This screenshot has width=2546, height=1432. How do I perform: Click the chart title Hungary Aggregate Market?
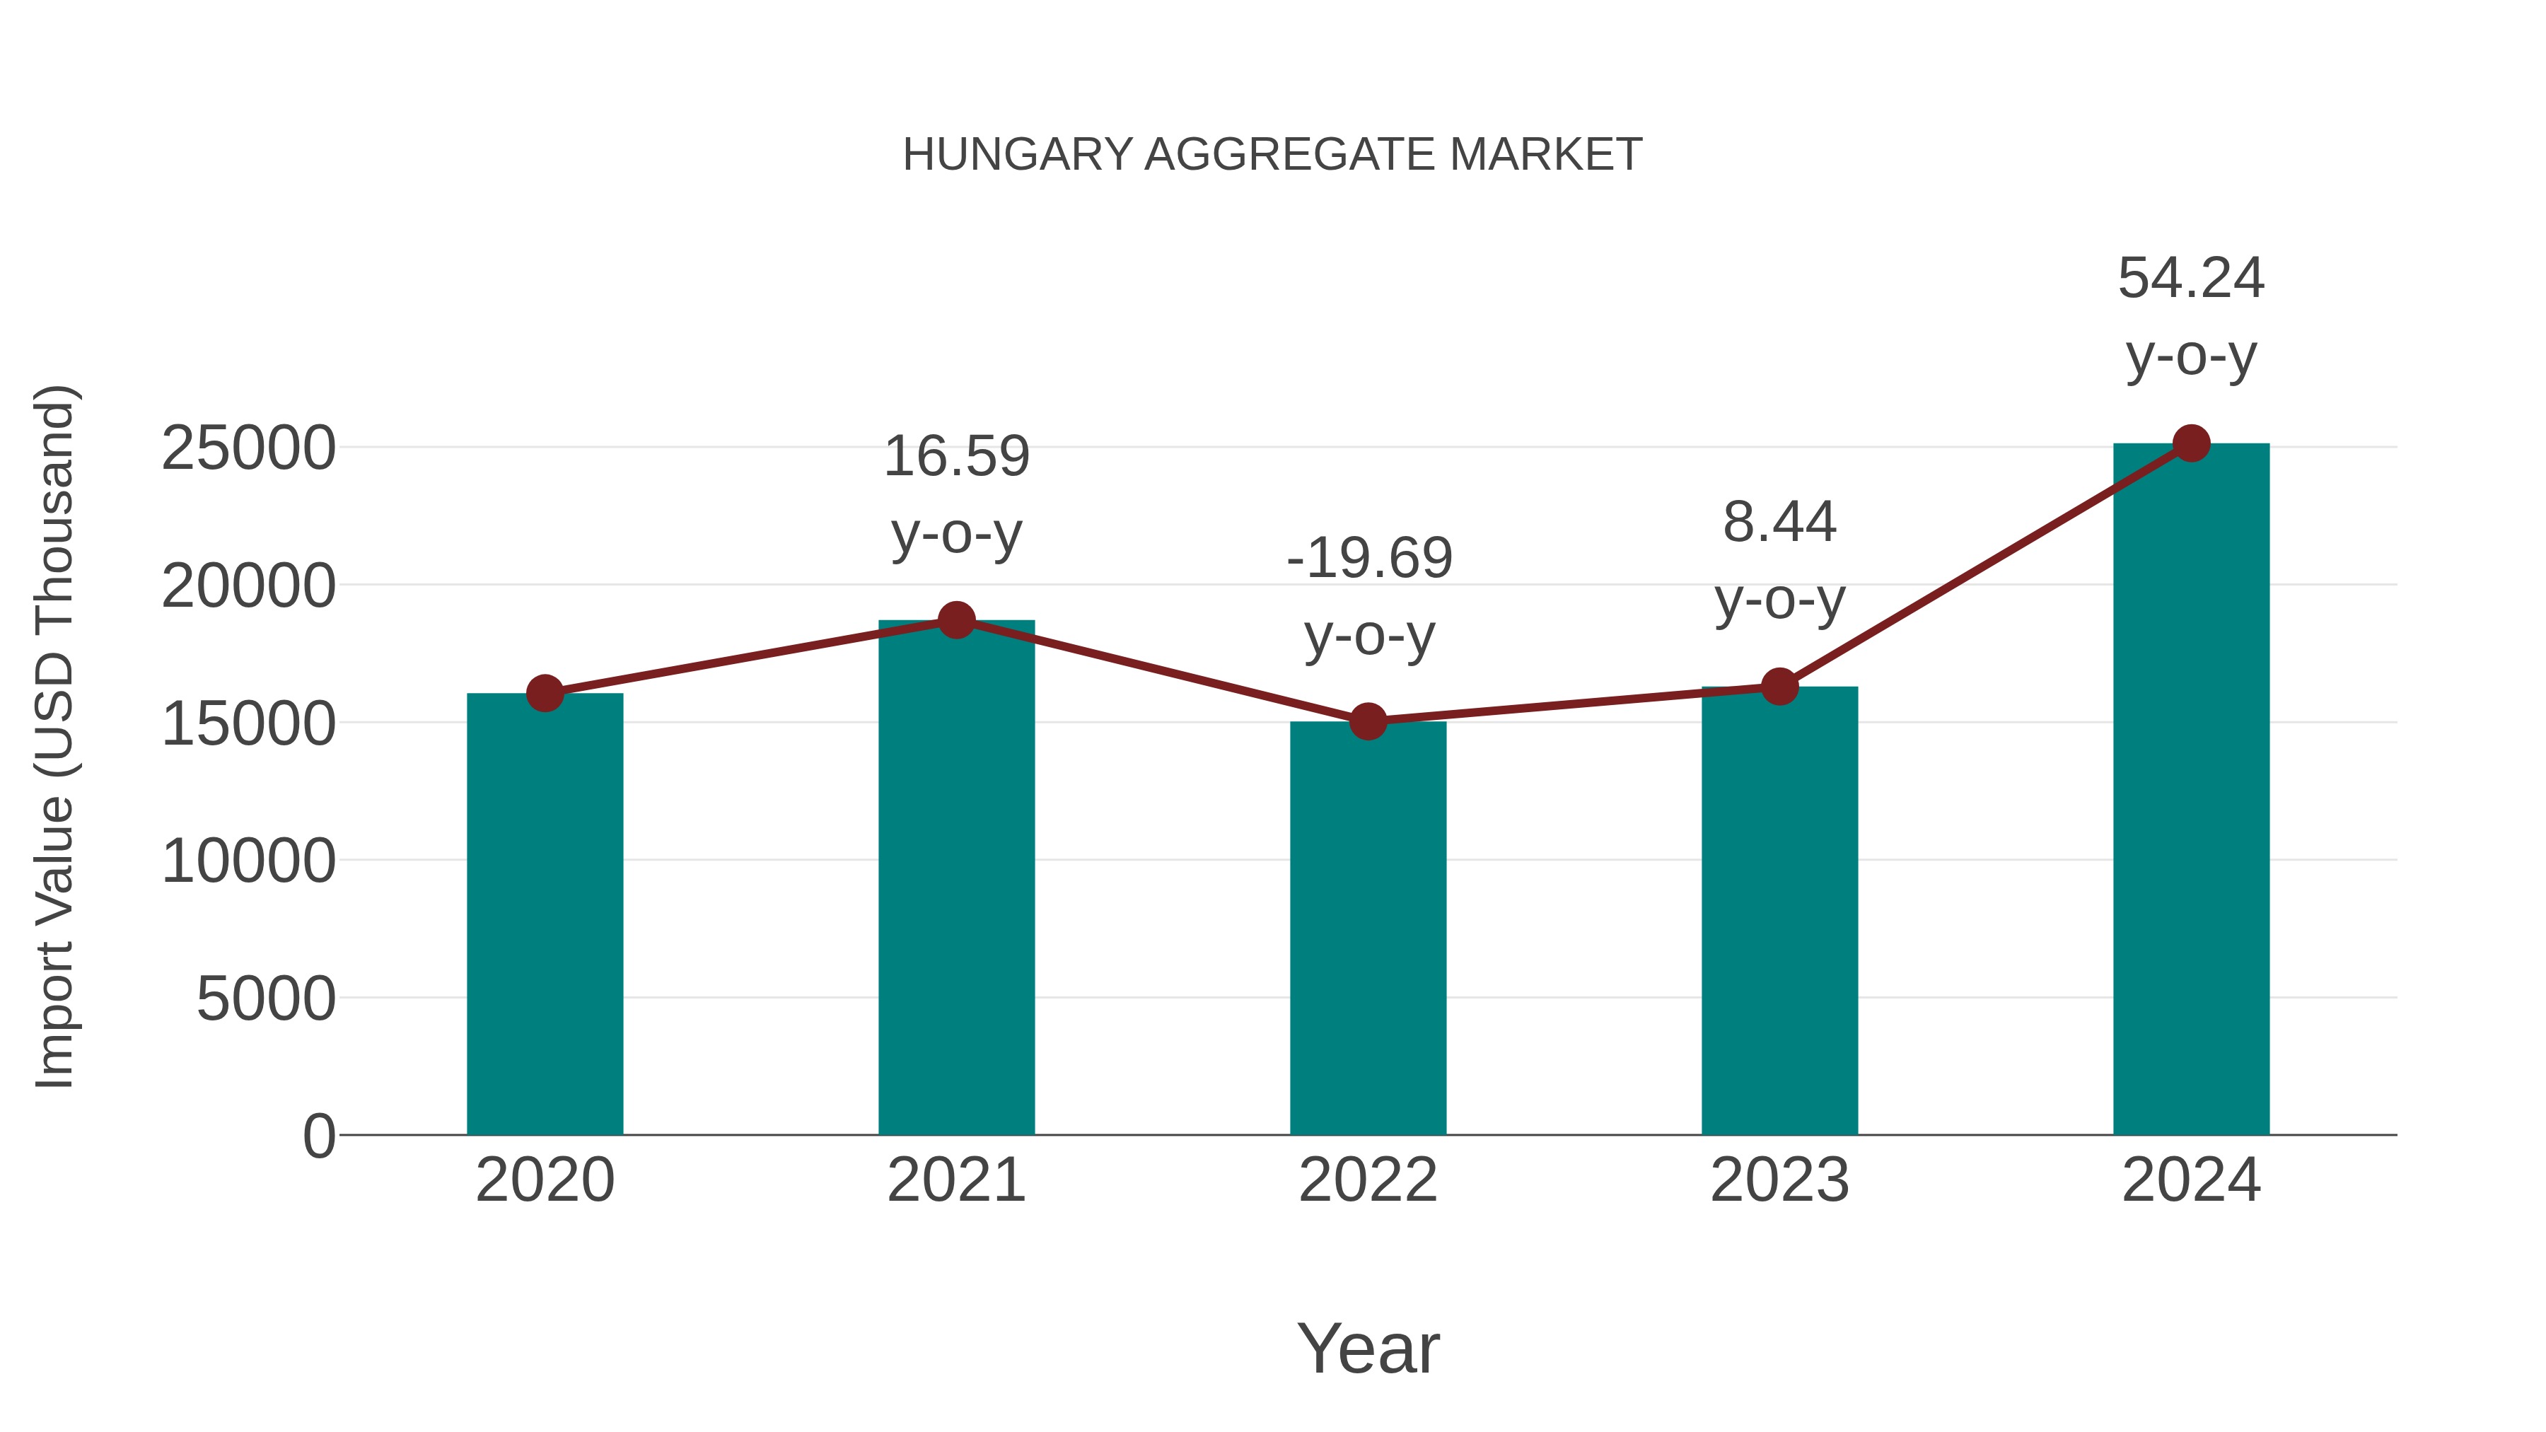tap(1272, 155)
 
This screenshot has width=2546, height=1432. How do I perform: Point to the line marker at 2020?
tap(545, 694)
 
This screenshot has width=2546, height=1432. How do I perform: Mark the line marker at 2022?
tap(1367, 721)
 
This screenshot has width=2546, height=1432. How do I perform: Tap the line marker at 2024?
tap(2191, 443)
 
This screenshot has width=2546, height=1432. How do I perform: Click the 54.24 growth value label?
tap(2190, 279)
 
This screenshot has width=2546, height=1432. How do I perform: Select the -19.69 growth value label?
tap(1369, 559)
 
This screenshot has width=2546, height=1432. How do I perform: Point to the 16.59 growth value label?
tap(955, 457)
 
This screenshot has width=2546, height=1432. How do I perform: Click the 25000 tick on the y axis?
tap(248, 448)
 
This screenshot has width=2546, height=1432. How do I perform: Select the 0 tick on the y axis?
tap(318, 1136)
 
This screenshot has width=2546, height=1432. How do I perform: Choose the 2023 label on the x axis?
tap(1779, 1180)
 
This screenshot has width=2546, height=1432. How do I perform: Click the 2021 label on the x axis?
tap(955, 1180)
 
